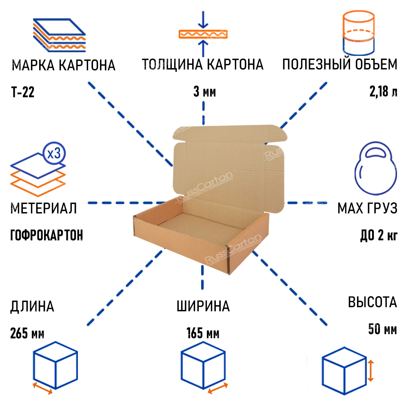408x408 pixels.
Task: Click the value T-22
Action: click(23, 93)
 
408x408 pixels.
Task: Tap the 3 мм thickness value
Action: click(204, 93)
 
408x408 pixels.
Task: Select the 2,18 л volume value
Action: click(383, 93)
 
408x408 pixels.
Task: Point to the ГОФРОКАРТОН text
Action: click(46, 235)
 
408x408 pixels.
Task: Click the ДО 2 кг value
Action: click(379, 235)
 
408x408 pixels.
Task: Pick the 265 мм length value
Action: click(27, 334)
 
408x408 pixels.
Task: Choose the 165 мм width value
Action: click(203, 334)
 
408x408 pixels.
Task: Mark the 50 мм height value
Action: click(382, 329)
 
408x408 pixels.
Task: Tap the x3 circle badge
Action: click(54, 154)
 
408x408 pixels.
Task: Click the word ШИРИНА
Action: click(203, 306)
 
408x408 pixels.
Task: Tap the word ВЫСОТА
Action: click(372, 302)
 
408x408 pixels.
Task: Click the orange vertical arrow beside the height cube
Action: click(370, 370)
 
